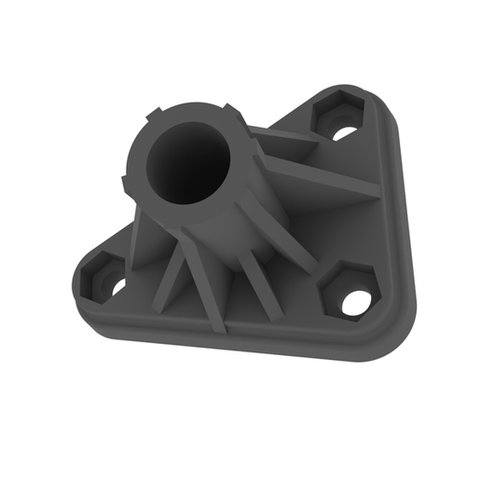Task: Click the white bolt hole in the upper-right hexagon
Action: pyautogui.click(x=344, y=132)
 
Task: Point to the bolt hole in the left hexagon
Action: pyautogui.click(x=118, y=286)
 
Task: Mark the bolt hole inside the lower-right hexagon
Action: pyautogui.click(x=355, y=301)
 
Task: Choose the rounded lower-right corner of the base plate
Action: pyautogui.click(x=392, y=336)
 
